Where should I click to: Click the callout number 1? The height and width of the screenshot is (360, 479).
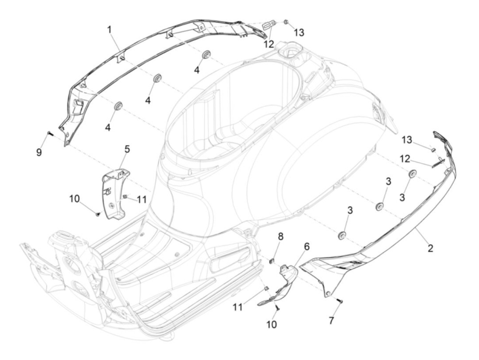coord(109,30)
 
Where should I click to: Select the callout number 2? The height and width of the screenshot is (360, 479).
coord(430,248)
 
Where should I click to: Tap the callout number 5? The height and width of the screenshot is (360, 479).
coord(127,149)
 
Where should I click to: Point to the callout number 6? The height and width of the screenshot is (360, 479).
coord(307,246)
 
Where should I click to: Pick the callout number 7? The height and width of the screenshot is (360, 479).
coord(331,321)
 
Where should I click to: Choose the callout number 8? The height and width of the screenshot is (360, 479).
coord(281,237)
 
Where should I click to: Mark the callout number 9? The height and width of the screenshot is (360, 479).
coord(39,152)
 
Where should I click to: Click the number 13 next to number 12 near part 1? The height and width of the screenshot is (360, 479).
coord(299,33)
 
